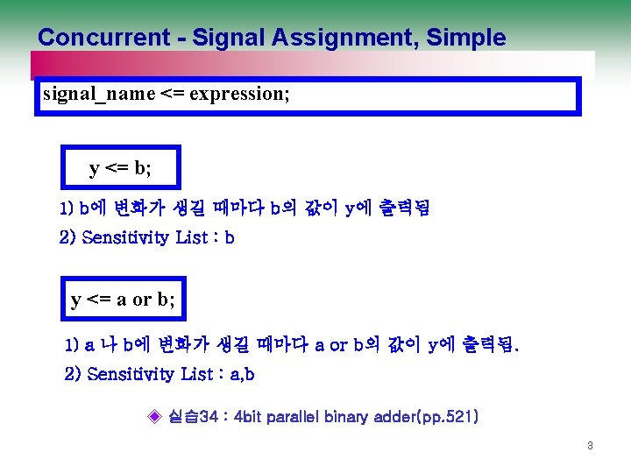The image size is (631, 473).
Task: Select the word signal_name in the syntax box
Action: tap(97, 94)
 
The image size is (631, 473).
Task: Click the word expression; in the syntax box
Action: tap(237, 94)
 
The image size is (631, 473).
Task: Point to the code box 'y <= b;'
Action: tap(121, 168)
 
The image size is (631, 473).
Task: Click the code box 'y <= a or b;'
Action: tap(123, 300)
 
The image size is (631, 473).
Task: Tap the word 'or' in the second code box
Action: tap(141, 300)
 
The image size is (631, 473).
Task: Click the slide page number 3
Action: tap(590, 446)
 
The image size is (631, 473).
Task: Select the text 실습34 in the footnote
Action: tap(192, 416)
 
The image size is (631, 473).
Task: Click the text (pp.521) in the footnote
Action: tap(447, 416)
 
